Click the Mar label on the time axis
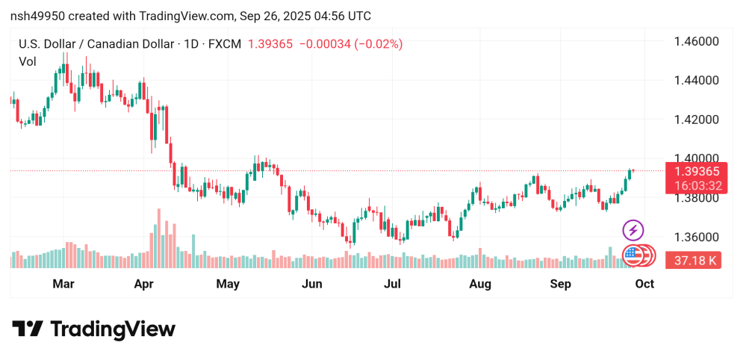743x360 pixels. [x=63, y=284]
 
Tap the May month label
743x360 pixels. [x=227, y=284]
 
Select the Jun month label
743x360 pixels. [x=311, y=284]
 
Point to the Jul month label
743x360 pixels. [x=393, y=284]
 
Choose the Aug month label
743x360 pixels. [x=480, y=284]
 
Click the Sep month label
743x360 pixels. [x=560, y=284]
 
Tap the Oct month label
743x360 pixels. [x=644, y=284]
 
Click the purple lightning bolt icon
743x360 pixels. [x=633, y=230]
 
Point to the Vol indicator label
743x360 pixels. [x=28, y=61]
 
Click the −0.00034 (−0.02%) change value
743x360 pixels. [x=351, y=44]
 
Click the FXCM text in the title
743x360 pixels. [x=224, y=44]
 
